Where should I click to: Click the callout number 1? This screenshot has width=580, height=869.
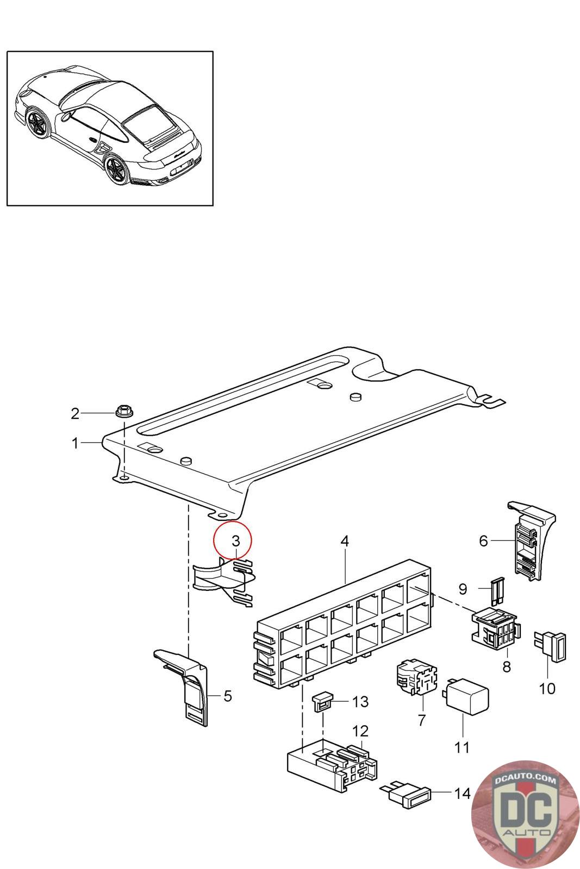[75, 443]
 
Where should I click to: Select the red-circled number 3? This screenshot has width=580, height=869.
[235, 541]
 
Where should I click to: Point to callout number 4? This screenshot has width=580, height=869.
[345, 541]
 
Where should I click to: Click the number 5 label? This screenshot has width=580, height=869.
[228, 696]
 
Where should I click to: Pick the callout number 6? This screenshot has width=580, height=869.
[483, 540]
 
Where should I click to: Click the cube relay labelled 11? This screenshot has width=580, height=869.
[466, 695]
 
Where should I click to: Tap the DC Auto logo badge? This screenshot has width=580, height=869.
[525, 815]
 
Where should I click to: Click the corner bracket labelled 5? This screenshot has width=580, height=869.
[188, 684]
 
